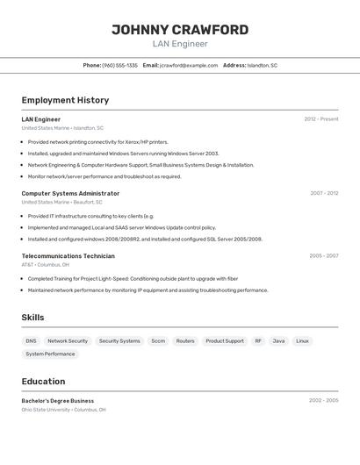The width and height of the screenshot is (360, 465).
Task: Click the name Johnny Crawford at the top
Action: (x=180, y=29)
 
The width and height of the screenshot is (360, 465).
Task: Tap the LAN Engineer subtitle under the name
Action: (x=180, y=44)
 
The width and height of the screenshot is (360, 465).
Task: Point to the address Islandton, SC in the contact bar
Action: (x=262, y=65)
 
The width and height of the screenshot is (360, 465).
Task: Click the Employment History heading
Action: (x=65, y=100)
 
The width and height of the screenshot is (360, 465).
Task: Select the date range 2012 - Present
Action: (x=321, y=119)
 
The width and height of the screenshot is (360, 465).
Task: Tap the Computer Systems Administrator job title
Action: (x=70, y=193)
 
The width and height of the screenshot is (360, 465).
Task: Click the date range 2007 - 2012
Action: (x=324, y=193)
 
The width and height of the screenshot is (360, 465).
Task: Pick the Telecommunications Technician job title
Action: (x=68, y=256)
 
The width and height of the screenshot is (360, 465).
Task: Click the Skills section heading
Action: (x=32, y=318)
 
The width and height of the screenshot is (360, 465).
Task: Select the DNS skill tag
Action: (x=31, y=341)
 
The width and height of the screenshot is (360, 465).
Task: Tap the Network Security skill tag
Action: (x=68, y=341)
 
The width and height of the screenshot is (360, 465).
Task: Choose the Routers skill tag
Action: (x=185, y=341)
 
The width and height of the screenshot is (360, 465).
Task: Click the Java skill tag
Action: (x=278, y=341)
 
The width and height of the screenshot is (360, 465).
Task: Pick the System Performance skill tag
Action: (x=50, y=354)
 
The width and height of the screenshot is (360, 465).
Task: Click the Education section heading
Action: (x=43, y=382)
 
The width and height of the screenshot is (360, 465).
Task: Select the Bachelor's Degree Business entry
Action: (x=58, y=400)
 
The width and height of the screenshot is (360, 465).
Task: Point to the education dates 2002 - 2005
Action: (x=323, y=400)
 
